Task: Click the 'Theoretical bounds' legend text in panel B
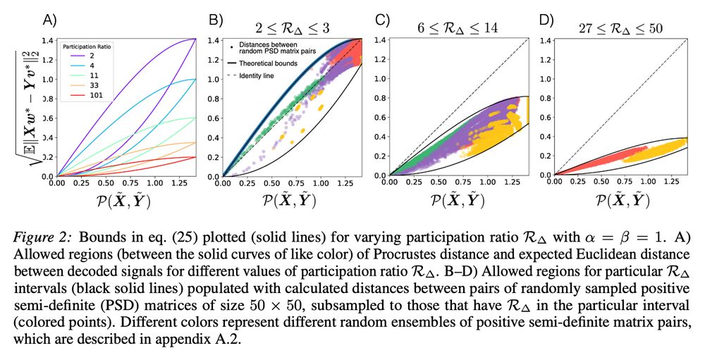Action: (268, 63)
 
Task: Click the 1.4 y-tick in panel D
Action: (546, 40)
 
